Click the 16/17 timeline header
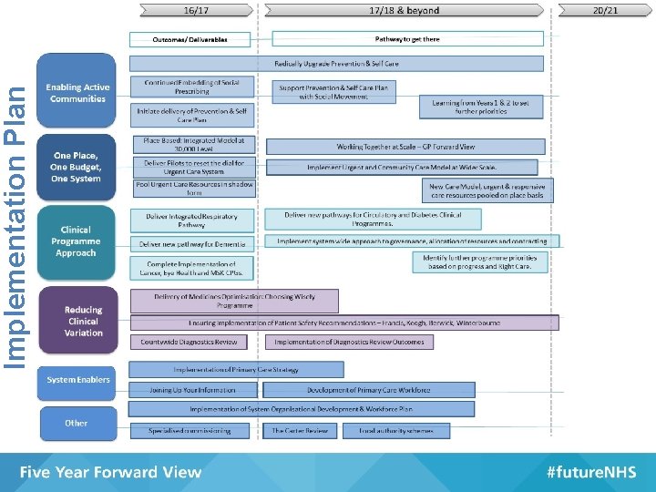[195, 10]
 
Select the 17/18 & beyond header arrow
[405, 10]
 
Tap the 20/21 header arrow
[605, 10]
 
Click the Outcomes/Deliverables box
[190, 39]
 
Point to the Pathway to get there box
[407, 39]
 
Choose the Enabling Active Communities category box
[77, 93]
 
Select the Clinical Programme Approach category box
[77, 241]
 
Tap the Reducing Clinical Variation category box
[83, 322]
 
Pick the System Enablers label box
[78, 380]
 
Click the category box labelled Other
[77, 423]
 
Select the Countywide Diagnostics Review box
[189, 342]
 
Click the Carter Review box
[300, 430]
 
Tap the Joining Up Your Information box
[192, 390]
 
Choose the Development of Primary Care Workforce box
[368, 390]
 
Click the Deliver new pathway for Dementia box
[192, 244]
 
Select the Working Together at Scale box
[405, 147]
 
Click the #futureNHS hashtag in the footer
[589, 472]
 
